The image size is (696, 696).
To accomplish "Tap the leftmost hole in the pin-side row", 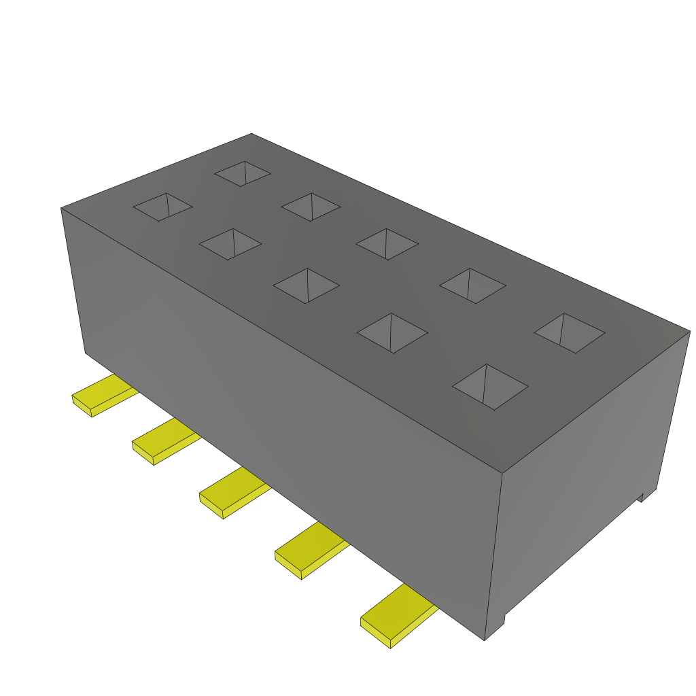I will [162, 207].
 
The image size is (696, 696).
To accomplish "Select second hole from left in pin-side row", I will [230, 244].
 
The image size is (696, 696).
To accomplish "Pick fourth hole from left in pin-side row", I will [392, 333].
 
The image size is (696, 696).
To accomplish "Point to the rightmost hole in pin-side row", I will [490, 387].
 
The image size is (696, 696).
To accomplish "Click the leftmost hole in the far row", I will [243, 173].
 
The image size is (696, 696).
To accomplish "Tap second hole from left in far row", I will [311, 207].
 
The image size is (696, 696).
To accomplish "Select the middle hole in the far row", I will [387, 244].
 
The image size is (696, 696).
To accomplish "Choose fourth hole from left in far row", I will [472, 285].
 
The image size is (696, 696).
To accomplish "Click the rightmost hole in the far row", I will [570, 333].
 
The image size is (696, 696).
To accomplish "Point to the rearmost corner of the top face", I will [251, 134].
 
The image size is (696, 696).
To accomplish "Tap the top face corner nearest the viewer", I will [502, 473].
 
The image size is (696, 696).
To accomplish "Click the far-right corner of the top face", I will [689, 332].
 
